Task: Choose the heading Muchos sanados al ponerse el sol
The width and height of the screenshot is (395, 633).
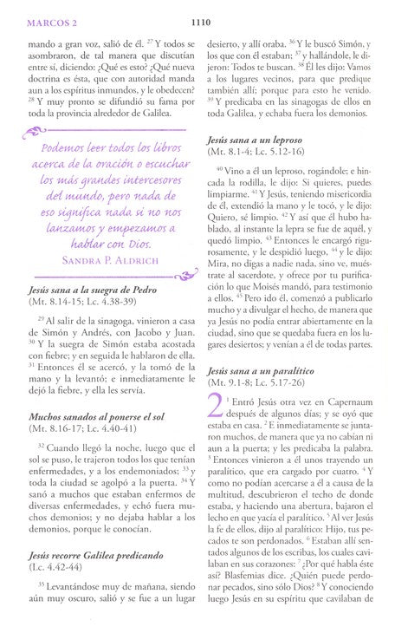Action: click(x=91, y=440)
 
